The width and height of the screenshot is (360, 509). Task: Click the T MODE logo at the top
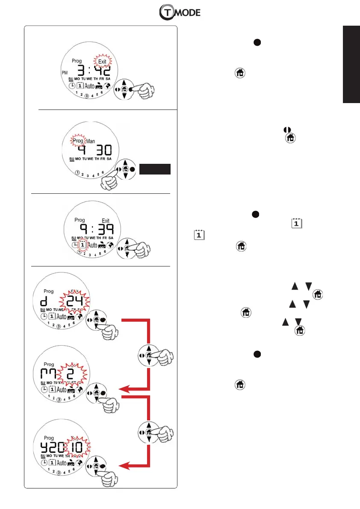(180, 13)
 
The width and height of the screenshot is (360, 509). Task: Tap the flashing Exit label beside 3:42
(102, 62)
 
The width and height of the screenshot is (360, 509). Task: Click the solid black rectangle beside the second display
(156, 169)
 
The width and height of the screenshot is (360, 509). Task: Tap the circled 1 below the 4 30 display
(77, 173)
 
